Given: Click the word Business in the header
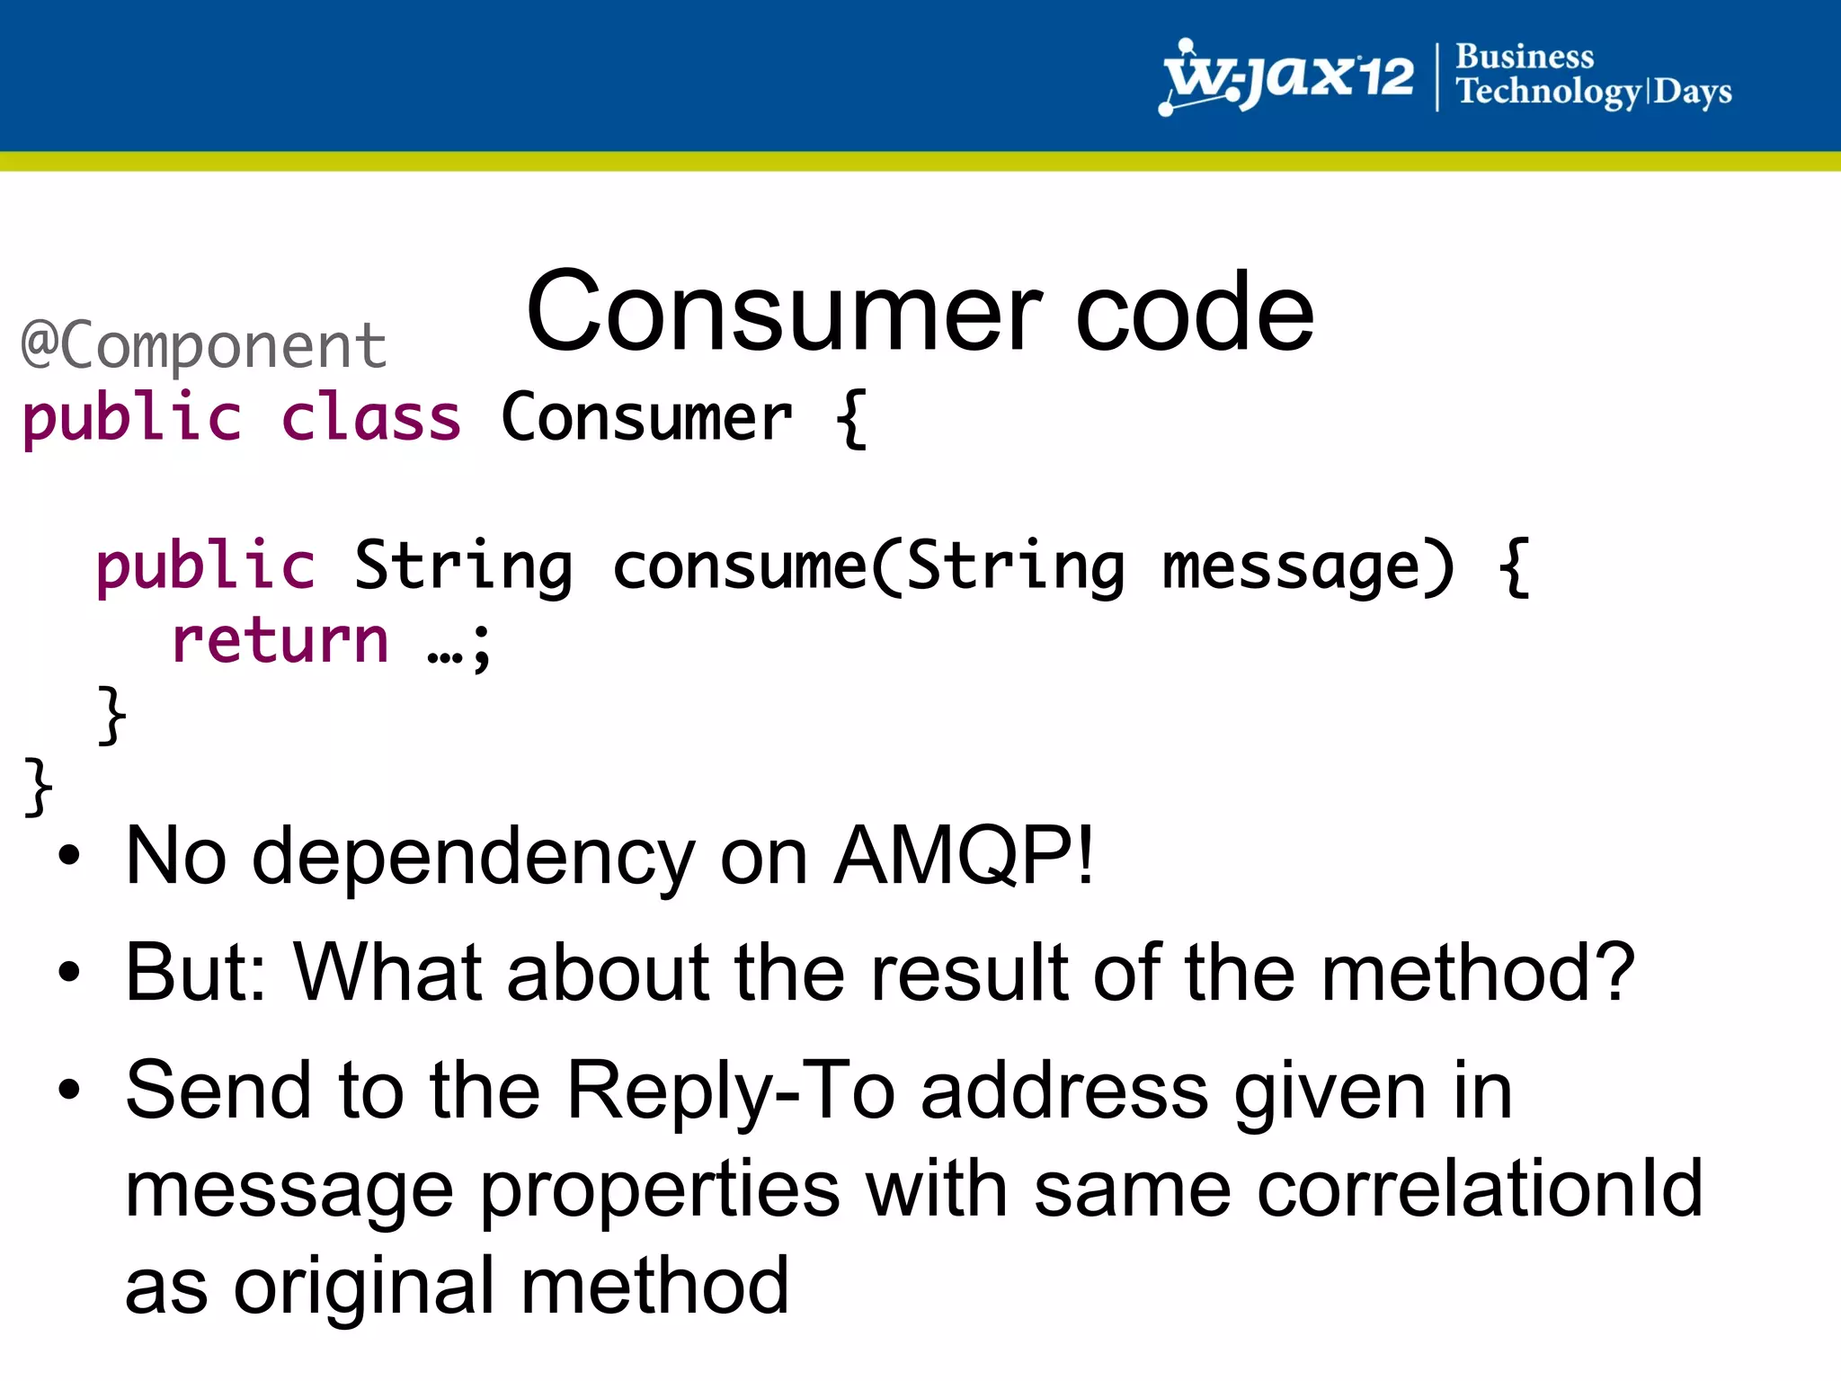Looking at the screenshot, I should pos(1524,57).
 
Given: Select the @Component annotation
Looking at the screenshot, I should pos(204,345).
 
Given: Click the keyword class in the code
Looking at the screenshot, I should pos(370,419).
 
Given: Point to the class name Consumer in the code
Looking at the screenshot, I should pos(645,419).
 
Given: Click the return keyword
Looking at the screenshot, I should pos(280,641).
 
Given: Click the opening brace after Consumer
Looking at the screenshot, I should pos(850,419).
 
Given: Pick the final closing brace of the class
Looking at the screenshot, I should pos(38,787).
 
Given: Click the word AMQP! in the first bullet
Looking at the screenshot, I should pos(964,856).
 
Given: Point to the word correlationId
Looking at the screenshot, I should pos(1479,1189).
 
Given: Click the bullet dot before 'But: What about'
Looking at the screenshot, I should pos(69,972).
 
